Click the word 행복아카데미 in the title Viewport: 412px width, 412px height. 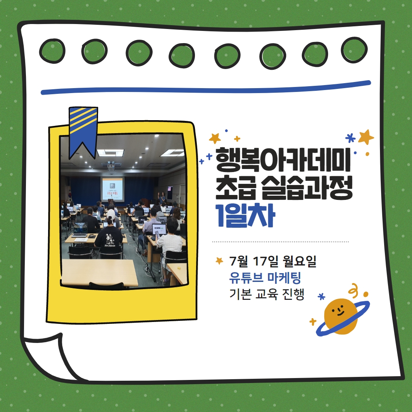click(283, 160)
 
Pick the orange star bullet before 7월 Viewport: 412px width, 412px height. click(219, 261)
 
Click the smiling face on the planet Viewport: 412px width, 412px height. click(338, 311)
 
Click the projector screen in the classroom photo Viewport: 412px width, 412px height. click(113, 189)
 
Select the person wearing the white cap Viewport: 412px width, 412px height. click(112, 218)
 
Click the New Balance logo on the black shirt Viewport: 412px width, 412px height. click(110, 246)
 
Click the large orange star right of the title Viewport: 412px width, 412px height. click(366, 137)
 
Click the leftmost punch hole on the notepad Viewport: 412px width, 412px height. click(52, 51)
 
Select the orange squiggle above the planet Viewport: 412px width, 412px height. click(353, 289)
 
